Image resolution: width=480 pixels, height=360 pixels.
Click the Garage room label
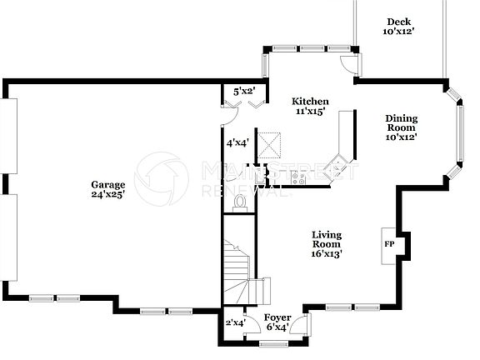point(108,184)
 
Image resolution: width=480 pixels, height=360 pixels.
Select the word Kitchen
point(309,101)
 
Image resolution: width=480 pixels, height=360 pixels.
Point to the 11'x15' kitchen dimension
point(308,111)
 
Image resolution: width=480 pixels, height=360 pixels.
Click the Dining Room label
point(401,122)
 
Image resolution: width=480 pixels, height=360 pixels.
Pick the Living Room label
point(327,239)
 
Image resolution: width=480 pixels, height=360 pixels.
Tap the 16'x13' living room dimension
point(327,252)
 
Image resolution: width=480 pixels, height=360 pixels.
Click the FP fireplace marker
point(388,245)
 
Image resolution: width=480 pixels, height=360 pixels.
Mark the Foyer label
point(277,317)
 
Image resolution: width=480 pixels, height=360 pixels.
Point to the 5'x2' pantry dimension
point(243,91)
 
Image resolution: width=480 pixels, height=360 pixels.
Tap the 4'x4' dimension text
point(237,142)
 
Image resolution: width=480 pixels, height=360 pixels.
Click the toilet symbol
point(241,201)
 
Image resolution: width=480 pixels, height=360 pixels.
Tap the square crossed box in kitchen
point(269,145)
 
